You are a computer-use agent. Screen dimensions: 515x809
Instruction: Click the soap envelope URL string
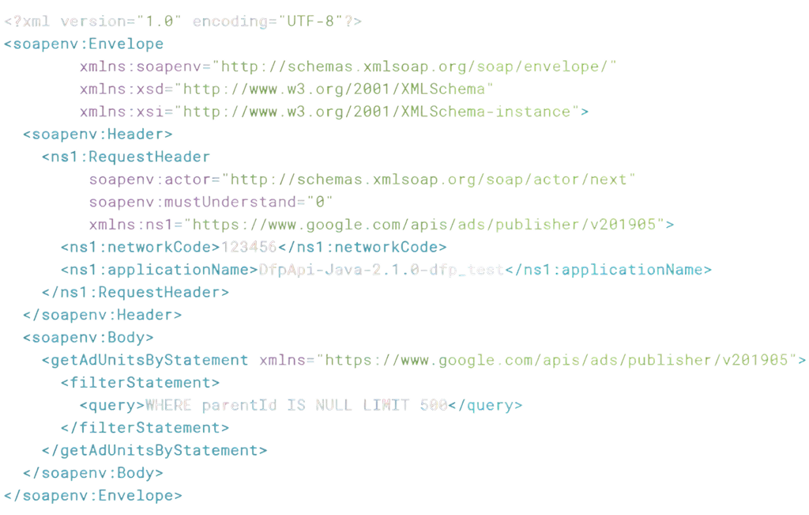419,66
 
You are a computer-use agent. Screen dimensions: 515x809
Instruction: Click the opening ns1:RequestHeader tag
126,157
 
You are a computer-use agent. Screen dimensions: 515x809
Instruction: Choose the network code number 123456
249,247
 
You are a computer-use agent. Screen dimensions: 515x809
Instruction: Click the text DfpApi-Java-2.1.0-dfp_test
382,270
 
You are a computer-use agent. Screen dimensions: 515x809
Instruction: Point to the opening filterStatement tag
141,382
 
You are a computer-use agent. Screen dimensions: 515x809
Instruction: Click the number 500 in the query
434,405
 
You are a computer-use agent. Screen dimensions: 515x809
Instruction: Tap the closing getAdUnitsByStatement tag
155,450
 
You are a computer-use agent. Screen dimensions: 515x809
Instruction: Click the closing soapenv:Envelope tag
93,495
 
